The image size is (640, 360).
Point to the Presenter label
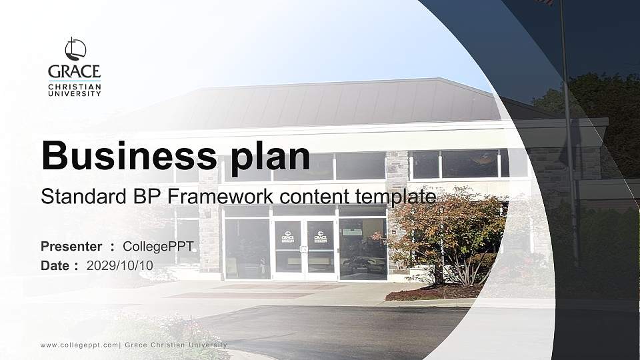click(x=71, y=247)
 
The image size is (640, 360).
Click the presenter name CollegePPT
click(x=158, y=247)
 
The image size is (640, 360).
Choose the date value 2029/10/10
click(x=120, y=265)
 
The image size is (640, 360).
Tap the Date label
click(x=55, y=265)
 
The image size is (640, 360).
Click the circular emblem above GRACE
click(x=75, y=49)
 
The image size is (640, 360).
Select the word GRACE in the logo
click(x=75, y=71)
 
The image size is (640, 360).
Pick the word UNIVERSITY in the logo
click(x=75, y=94)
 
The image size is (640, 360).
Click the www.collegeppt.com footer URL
click(x=79, y=345)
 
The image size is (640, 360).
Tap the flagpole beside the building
click(x=568, y=133)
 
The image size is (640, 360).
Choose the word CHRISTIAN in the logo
click(x=75, y=87)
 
